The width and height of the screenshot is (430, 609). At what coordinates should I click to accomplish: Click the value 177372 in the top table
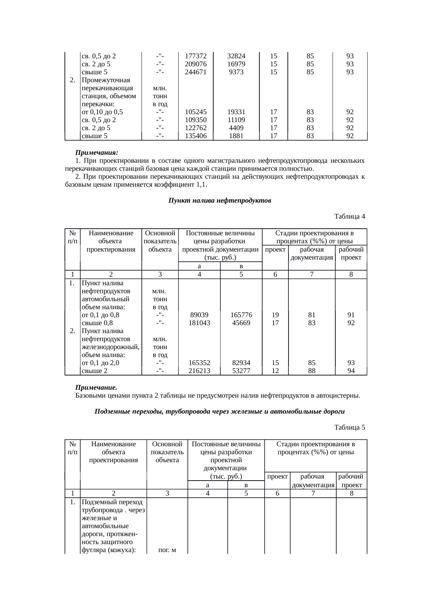pyautogui.click(x=196, y=56)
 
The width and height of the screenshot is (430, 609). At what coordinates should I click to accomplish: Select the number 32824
pyautogui.click(x=236, y=56)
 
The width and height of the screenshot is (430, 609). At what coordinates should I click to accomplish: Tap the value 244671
pyautogui.click(x=196, y=72)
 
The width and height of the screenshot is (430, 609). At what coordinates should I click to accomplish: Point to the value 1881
pyautogui.click(x=236, y=136)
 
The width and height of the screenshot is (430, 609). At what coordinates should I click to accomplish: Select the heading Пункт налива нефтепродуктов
pyautogui.click(x=220, y=201)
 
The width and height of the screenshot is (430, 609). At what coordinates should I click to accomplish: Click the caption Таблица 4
pyautogui.click(x=350, y=217)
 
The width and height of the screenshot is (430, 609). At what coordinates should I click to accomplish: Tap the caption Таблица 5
pyautogui.click(x=350, y=428)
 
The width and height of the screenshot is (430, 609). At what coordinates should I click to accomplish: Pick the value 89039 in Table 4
pyautogui.click(x=199, y=315)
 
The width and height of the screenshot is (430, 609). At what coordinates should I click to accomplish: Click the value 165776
pyautogui.click(x=241, y=315)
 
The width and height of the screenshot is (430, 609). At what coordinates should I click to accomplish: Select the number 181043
pyautogui.click(x=199, y=323)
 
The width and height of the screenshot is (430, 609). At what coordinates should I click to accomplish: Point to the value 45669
pyautogui.click(x=241, y=323)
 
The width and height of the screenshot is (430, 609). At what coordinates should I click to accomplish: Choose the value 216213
pyautogui.click(x=199, y=371)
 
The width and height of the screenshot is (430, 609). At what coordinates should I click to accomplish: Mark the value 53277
pyautogui.click(x=241, y=371)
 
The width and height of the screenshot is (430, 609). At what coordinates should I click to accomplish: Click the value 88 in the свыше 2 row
pyautogui.click(x=312, y=371)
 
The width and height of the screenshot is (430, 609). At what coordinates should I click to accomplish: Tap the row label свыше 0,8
pyautogui.click(x=97, y=323)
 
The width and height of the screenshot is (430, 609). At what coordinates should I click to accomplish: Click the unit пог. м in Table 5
pyautogui.click(x=167, y=550)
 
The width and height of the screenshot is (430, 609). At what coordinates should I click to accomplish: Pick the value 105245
pyautogui.click(x=196, y=112)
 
